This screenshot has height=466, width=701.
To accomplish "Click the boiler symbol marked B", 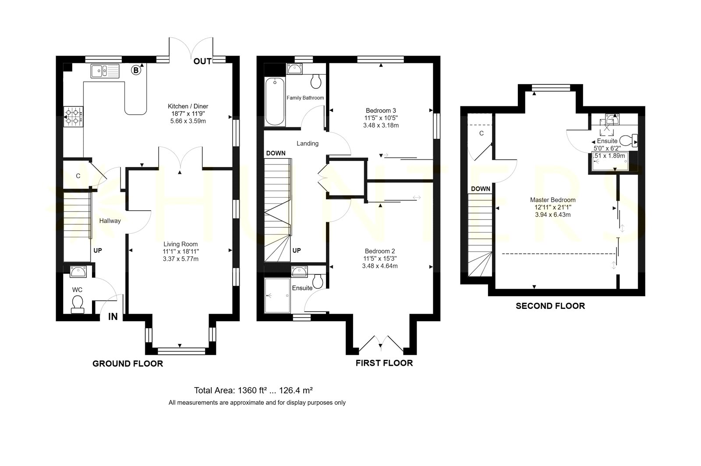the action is click(x=136, y=70).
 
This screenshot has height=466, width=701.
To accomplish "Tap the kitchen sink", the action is click(x=105, y=71).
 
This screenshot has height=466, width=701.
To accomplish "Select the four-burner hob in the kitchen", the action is click(x=74, y=116).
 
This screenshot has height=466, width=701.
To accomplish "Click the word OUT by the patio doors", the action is click(x=202, y=61).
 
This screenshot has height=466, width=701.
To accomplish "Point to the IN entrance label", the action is click(x=113, y=317).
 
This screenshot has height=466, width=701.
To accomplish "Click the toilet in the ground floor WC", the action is click(x=78, y=305).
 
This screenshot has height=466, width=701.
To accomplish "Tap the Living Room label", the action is click(x=181, y=244).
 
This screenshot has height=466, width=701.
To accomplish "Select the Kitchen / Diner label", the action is click(x=188, y=106).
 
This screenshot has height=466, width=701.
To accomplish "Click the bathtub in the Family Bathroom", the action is click(x=275, y=101).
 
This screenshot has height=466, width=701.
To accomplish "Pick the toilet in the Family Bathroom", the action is click(x=316, y=81).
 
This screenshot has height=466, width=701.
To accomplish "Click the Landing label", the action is click(x=308, y=144).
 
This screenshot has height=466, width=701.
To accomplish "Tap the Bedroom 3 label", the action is click(x=381, y=110).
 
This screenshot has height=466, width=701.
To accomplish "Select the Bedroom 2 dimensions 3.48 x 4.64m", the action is click(x=380, y=266).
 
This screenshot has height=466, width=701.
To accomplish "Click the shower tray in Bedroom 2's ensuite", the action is click(x=277, y=295).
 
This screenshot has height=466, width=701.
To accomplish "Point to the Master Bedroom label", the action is click(x=552, y=200).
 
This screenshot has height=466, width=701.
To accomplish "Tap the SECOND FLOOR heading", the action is click(x=550, y=306).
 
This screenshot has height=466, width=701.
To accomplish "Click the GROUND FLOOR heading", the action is click(x=127, y=364).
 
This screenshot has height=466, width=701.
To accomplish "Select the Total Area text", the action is click(x=254, y=390).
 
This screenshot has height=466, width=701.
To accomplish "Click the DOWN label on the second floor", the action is click(x=480, y=189).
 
